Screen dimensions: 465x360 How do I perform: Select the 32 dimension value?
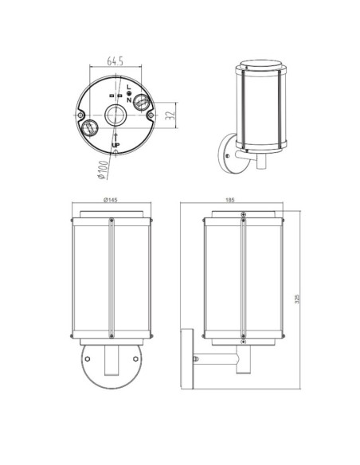169,116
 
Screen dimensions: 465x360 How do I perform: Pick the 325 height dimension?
297,298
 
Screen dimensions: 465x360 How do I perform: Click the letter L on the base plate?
129,85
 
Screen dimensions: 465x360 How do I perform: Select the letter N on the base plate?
129,100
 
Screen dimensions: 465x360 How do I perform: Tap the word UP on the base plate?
116,144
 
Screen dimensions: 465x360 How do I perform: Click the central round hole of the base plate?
116,115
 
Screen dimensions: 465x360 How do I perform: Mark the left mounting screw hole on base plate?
82,115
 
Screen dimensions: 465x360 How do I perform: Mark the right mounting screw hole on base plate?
151,115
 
